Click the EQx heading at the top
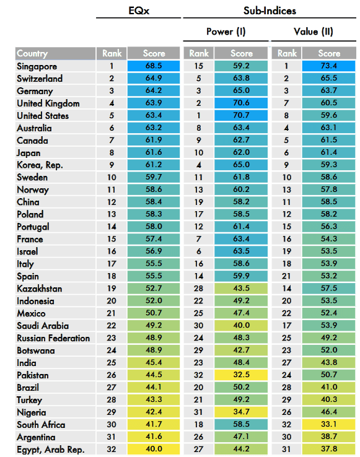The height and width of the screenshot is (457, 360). (139, 11)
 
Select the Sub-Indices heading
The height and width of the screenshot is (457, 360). (270, 11)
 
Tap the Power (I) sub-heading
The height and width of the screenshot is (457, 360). (226, 32)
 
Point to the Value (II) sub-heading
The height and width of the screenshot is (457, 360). (314, 32)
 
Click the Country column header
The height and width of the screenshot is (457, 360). (32, 53)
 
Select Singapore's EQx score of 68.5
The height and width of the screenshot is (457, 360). (154, 66)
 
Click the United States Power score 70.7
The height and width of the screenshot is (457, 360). (241, 115)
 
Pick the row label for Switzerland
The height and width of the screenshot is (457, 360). (40, 79)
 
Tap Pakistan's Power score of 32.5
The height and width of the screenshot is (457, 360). (241, 375)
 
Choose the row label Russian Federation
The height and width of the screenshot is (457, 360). (53, 338)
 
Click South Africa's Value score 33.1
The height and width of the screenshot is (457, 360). (329, 424)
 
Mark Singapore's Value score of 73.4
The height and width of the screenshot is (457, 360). (329, 66)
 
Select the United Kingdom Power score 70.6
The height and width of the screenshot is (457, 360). (241, 103)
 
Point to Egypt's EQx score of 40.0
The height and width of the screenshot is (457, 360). (154, 449)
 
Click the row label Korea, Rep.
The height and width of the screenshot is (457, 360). (40, 165)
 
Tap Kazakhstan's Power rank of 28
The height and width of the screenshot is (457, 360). (198, 289)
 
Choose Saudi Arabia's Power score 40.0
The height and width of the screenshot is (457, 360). (241, 325)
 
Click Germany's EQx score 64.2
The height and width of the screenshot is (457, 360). (154, 90)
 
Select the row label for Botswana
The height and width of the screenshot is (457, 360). (35, 350)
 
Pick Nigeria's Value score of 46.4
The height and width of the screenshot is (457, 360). (329, 412)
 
